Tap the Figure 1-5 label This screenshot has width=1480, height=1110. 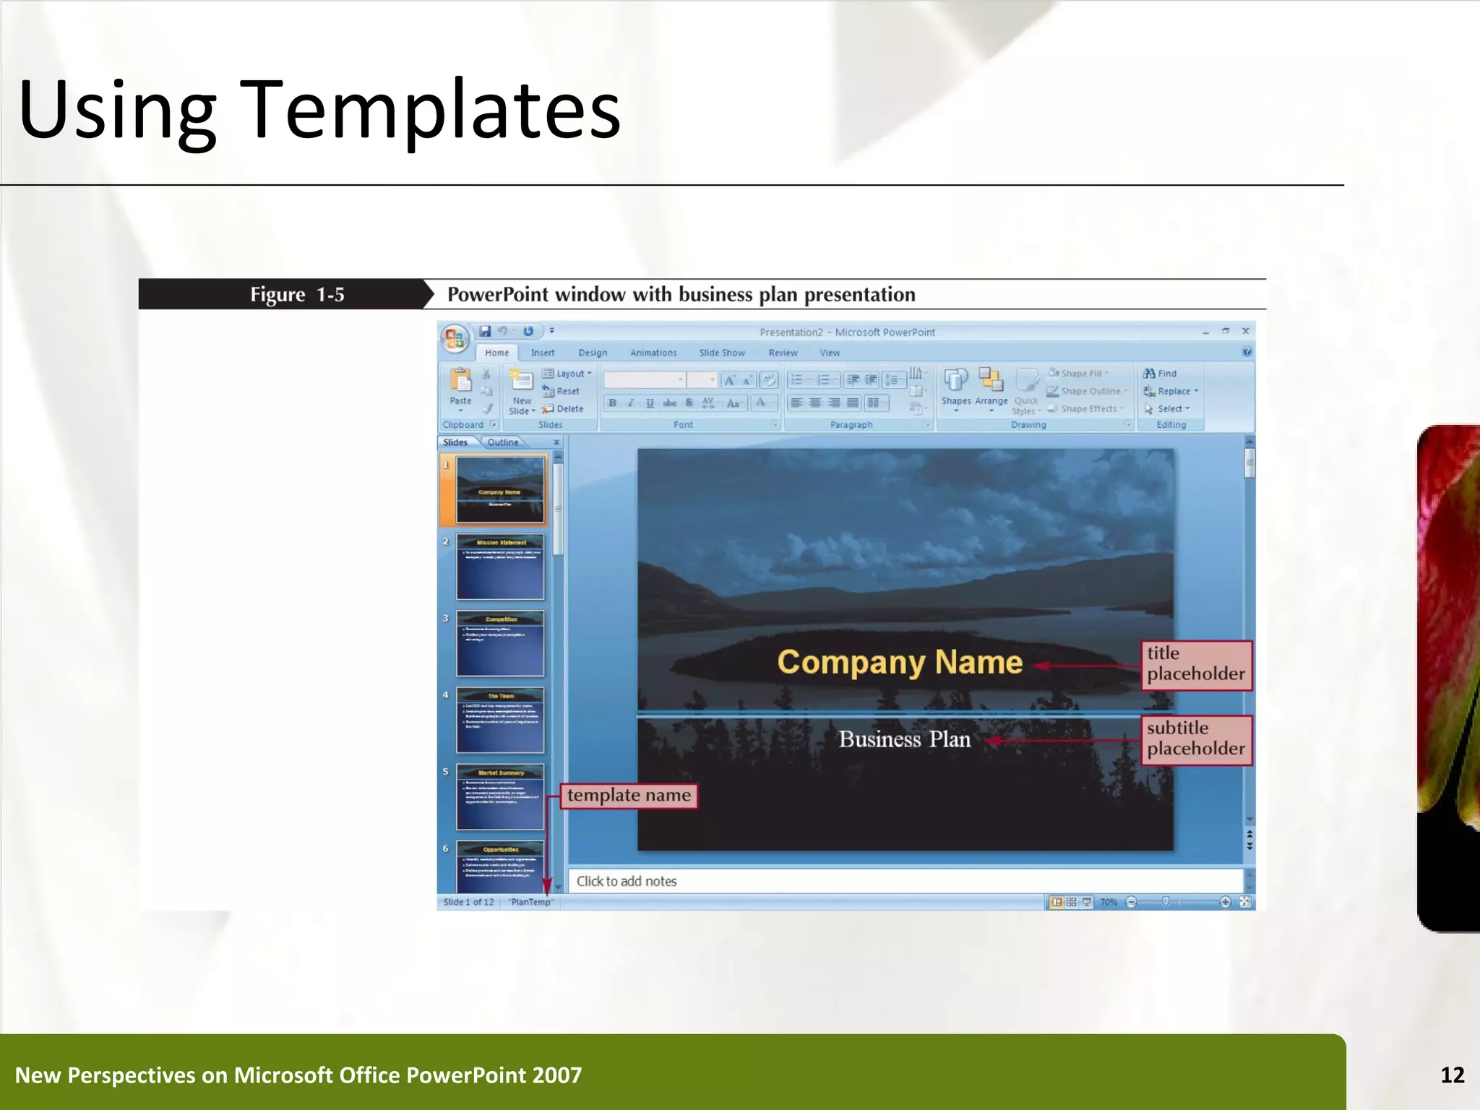pos(296,295)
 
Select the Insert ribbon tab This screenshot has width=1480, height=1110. pos(542,353)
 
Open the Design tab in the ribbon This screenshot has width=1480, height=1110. pos(593,353)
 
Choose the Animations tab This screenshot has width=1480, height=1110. pos(653,353)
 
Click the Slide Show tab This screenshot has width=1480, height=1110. pos(721,353)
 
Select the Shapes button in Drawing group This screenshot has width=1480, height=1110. pos(955,387)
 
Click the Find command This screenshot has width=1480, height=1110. pos(1161,374)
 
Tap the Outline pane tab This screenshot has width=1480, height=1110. pos(502,442)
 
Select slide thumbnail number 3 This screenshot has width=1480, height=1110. pos(500,643)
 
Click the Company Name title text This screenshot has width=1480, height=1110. pos(900,662)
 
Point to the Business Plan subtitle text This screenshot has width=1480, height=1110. pos(904,739)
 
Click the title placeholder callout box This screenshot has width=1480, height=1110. pos(1196,664)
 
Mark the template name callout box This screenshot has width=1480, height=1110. pos(629,796)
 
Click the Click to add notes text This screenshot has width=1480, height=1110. pos(627,881)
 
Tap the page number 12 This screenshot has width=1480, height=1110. pos(1452,1075)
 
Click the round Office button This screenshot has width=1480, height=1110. pos(455,338)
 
